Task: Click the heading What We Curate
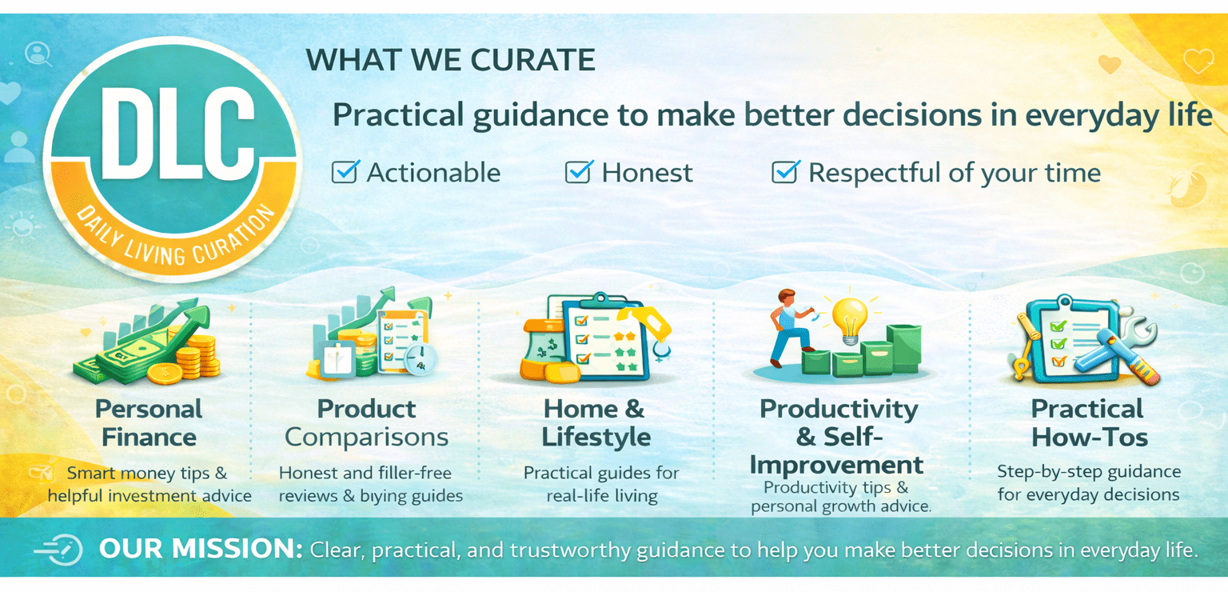450,60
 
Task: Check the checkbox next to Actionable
345,172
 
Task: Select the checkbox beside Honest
578,172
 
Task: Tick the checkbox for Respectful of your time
785,172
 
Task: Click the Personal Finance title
149,423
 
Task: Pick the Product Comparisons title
367,423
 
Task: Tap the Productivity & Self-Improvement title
838,437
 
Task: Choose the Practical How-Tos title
1088,423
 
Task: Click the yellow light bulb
849,320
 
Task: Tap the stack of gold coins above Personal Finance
197,356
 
